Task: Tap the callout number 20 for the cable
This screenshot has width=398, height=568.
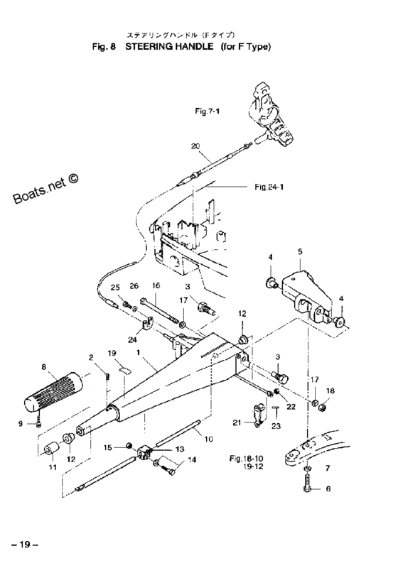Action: (x=195, y=146)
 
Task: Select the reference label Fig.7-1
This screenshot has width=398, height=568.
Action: (x=208, y=111)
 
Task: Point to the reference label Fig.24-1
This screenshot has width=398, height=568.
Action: (x=269, y=187)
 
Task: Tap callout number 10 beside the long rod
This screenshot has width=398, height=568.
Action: (x=209, y=439)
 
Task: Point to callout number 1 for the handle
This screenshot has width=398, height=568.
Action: (x=138, y=352)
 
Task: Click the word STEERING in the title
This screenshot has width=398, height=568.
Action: (x=169, y=47)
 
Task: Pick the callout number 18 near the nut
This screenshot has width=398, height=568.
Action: (x=330, y=391)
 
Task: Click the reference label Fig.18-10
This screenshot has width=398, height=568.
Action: (x=246, y=458)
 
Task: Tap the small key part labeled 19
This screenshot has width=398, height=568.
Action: (x=125, y=370)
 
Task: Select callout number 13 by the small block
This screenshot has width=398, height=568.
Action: (x=180, y=449)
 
